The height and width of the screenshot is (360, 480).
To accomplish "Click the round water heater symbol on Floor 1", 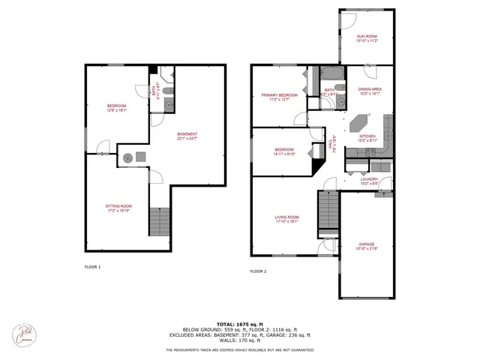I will [128, 157].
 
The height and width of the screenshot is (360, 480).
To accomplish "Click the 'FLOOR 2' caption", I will [258, 271].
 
